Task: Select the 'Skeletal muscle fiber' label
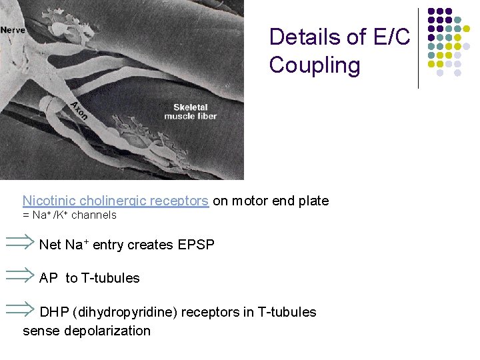click(x=191, y=111)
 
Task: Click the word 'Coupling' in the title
click(x=315, y=65)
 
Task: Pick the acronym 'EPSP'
click(x=197, y=245)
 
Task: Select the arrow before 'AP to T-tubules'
click(x=20, y=276)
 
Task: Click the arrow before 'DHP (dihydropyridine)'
click(x=20, y=309)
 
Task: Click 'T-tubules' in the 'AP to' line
click(x=111, y=279)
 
